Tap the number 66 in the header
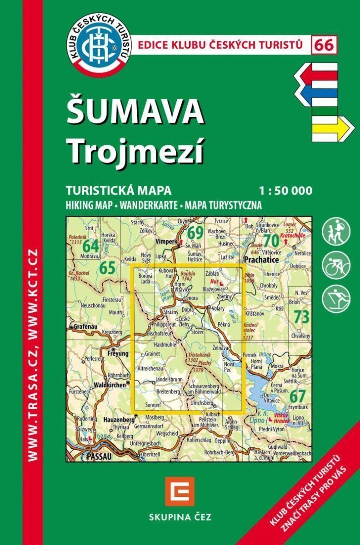pos(324,45)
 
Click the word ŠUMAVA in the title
pos(135,112)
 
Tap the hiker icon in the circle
pos(336,231)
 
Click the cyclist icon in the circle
pos(336,265)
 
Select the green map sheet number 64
pos(91,246)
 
